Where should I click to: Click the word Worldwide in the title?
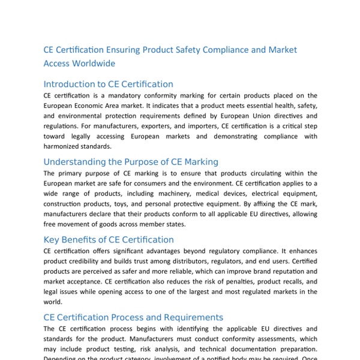92,63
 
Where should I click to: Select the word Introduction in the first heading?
70,85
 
